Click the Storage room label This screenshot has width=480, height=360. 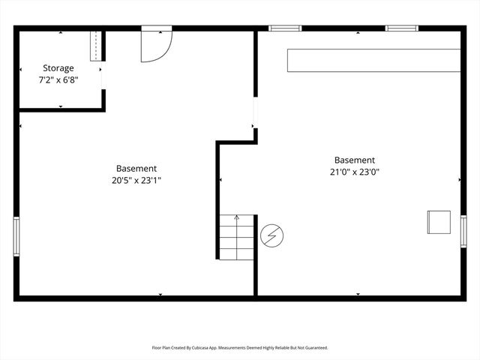(58, 67)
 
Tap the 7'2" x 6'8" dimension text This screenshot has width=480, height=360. (58, 79)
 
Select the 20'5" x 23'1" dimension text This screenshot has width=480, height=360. (136, 180)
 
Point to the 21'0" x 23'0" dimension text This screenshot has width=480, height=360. (355, 171)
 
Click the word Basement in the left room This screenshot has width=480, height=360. (136, 169)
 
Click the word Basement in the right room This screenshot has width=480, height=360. (355, 160)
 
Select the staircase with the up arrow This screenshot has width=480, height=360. (237, 236)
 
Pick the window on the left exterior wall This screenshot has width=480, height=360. (16, 236)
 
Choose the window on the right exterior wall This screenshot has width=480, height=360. (463, 230)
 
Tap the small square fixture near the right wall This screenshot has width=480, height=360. (438, 223)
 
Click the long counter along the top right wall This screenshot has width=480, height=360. (373, 61)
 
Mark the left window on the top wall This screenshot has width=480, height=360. (285, 28)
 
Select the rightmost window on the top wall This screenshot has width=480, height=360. (401, 28)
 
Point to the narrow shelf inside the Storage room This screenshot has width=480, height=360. (95, 46)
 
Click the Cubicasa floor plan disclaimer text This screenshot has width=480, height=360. (240, 348)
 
